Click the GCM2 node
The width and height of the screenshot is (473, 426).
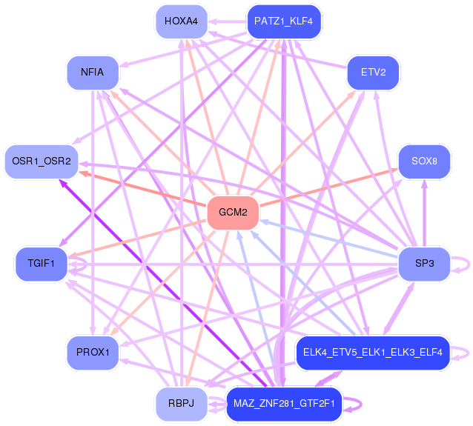click(x=233, y=213)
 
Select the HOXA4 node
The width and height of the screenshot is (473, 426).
click(x=181, y=21)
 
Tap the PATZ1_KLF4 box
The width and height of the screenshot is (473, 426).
click(x=283, y=21)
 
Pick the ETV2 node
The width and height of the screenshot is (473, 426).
click(x=374, y=73)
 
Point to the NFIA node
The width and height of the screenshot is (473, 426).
click(x=93, y=73)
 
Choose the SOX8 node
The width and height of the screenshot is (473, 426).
click(x=425, y=161)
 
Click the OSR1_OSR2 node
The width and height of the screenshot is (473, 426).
click(x=42, y=161)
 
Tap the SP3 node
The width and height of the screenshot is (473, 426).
click(x=425, y=263)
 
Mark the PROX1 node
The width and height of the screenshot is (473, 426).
click(x=93, y=352)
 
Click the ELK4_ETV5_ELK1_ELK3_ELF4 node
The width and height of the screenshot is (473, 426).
click(x=373, y=352)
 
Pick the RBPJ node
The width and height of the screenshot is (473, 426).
click(x=181, y=404)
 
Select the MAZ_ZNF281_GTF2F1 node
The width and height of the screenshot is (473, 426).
click(x=283, y=404)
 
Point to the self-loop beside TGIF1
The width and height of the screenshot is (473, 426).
click(x=84, y=262)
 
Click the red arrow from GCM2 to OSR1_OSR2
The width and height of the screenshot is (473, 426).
click(x=141, y=189)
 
